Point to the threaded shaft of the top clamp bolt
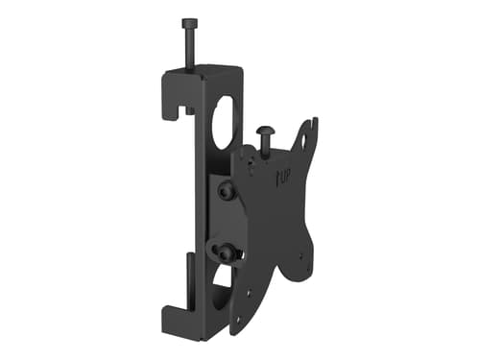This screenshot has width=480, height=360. point(189,48)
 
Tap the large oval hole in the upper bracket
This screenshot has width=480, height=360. point(223,119)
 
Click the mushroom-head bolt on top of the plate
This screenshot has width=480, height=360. point(265,131)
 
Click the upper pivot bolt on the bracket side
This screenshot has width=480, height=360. point(227,191)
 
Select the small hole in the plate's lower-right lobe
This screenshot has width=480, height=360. point(305,257)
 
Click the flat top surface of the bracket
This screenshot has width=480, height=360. point(206,73)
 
